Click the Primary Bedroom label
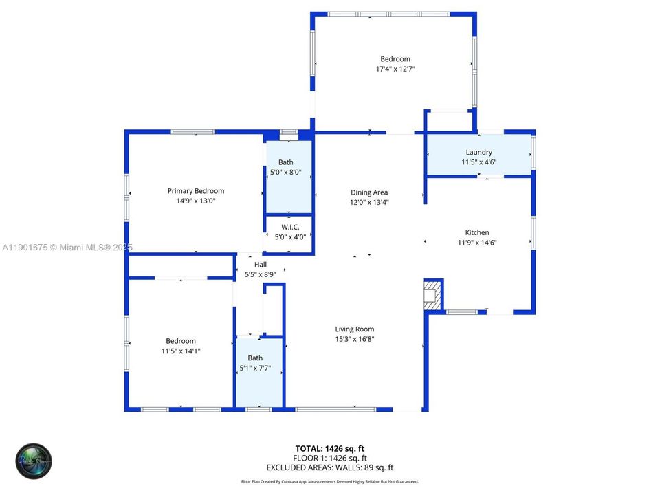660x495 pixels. [196, 191]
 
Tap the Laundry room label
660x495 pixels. [478, 153]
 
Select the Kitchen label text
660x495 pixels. [477, 232]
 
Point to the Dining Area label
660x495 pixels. [369, 192]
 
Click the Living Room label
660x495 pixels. [354, 329]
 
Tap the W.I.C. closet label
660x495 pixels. [289, 227]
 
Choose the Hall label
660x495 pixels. [261, 264]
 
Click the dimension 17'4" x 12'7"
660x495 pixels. [395, 69]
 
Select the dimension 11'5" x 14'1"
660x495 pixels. [181, 351]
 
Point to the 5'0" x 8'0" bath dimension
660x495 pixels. [289, 173]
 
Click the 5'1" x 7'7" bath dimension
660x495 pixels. [255, 368]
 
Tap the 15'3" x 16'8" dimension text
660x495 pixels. [354, 338]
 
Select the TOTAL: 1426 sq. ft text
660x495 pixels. [329, 448]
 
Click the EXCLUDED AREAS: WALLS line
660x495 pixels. [329, 467]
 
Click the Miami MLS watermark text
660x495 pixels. [67, 247]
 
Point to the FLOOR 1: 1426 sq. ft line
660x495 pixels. [329, 458]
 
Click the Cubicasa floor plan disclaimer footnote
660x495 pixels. [329, 482]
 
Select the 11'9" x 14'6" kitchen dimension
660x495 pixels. [477, 242]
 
